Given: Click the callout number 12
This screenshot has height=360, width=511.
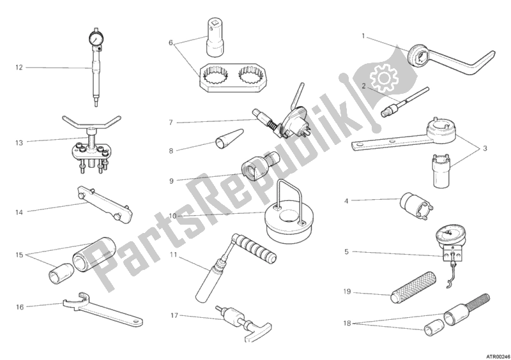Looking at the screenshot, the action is [x=19, y=68].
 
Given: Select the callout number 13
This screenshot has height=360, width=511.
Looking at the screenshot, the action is [x=19, y=143].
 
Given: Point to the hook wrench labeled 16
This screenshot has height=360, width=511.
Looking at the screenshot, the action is [x=102, y=310].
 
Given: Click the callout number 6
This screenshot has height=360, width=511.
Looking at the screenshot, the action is [x=171, y=43].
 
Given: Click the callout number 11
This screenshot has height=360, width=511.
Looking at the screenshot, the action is [x=173, y=255].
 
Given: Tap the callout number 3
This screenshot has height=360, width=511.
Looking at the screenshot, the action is [x=485, y=149].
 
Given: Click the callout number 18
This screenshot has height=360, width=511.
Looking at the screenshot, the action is [x=347, y=324].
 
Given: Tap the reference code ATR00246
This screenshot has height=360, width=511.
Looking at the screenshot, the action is [x=498, y=356].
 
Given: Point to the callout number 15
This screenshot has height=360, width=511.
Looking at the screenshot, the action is [x=19, y=255].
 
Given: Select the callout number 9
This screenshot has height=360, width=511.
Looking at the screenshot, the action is [x=171, y=181].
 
